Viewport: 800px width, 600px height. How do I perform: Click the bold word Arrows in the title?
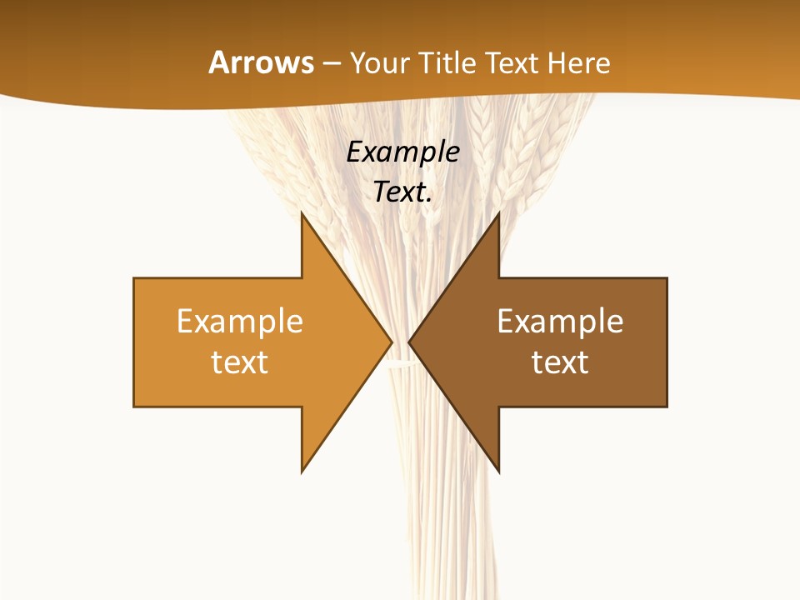[261, 62]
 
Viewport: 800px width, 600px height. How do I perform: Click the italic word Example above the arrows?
[403, 152]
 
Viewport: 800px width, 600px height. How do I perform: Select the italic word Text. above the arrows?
[403, 192]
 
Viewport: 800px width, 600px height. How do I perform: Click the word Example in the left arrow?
[240, 322]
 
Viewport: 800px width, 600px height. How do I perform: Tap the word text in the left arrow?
[240, 362]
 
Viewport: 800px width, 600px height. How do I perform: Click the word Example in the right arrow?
[560, 322]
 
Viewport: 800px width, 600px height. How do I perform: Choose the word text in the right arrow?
[560, 362]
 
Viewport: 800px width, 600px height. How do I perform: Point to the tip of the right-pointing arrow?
[391, 342]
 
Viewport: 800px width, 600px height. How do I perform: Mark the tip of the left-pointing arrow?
[410, 342]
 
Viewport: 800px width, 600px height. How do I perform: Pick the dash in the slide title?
[331, 63]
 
